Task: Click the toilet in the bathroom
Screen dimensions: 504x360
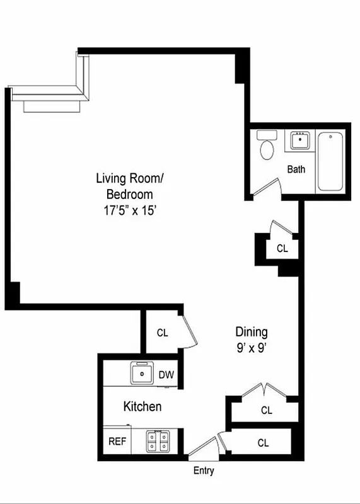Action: pos(267,146)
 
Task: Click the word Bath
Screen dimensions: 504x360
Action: pos(296,169)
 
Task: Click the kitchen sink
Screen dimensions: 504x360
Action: pos(143,374)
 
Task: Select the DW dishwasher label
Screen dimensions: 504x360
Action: pos(166,375)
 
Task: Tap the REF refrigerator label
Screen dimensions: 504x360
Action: pos(117,441)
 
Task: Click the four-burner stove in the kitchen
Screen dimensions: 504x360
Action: pos(158,441)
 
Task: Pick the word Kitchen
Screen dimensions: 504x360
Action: pos(142,407)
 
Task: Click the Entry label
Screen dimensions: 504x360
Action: pos(204,471)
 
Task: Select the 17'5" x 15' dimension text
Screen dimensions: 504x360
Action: pos(124,211)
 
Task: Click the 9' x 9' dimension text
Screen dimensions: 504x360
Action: pos(252,346)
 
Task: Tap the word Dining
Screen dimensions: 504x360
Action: pos(252,331)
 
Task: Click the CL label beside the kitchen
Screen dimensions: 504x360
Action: pos(162,333)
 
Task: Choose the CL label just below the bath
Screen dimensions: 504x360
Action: pos(282,248)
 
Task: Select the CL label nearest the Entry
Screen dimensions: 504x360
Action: pos(263,443)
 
